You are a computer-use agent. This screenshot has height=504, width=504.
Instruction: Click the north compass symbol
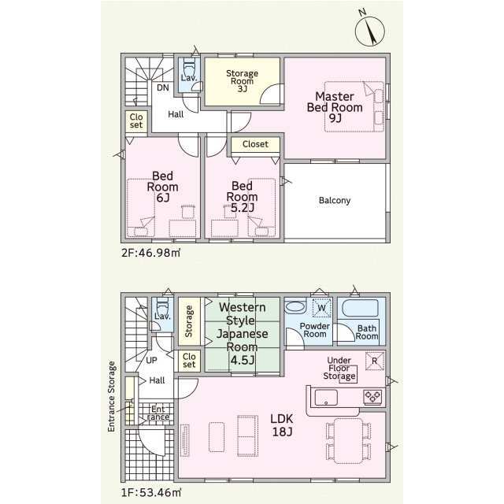[x=369, y=31]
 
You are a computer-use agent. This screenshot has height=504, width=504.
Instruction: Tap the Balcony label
[x=335, y=201]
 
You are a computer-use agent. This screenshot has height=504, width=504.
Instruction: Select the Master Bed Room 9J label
[x=335, y=107]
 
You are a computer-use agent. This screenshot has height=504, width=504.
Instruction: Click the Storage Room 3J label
[x=242, y=81]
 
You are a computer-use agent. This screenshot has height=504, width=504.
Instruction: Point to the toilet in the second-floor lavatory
[x=189, y=67]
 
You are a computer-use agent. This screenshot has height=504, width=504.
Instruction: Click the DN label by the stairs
[x=163, y=87]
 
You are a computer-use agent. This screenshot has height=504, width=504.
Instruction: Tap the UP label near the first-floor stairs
[x=151, y=361]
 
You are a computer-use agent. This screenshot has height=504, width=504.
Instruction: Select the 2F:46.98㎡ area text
[x=150, y=253]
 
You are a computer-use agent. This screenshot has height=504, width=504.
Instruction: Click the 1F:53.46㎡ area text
[x=151, y=492]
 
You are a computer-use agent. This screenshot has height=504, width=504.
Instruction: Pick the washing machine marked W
[x=322, y=308]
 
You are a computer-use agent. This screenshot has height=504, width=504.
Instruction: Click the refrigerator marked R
[x=375, y=361]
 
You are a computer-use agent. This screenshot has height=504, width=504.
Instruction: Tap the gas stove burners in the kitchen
[x=372, y=397]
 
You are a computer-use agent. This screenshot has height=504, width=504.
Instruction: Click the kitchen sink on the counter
[x=326, y=398]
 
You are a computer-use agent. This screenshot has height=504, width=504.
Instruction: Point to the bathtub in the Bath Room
[x=361, y=309]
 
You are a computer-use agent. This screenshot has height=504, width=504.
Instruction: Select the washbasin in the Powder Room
[x=295, y=306]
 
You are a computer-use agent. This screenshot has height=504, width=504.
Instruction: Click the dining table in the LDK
[x=348, y=441]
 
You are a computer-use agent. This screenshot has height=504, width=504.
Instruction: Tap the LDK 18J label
[x=282, y=425]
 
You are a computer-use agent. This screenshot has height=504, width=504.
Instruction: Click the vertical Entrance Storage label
[x=111, y=396]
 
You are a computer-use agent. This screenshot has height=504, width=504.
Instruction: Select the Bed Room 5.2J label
[x=242, y=197]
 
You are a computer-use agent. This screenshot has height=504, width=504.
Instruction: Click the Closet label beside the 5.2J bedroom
[x=255, y=144]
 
